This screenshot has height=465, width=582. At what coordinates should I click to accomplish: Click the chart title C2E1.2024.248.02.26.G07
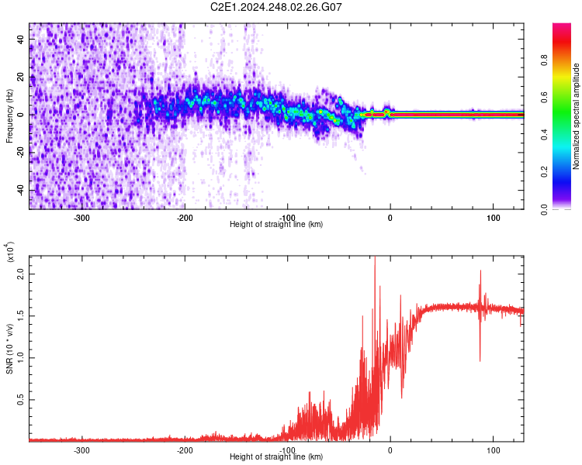tap(276, 7)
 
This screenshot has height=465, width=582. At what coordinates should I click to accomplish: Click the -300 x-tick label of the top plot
tap(82, 217)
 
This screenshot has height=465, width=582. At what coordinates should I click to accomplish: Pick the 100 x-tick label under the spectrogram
tap(494, 217)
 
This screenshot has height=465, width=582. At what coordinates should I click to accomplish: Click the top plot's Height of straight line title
tap(276, 225)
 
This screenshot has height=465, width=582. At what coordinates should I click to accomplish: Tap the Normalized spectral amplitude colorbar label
tap(577, 116)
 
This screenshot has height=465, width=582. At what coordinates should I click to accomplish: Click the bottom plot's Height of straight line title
tap(276, 457)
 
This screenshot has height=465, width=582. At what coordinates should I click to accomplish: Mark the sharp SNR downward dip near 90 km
tap(480, 360)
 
